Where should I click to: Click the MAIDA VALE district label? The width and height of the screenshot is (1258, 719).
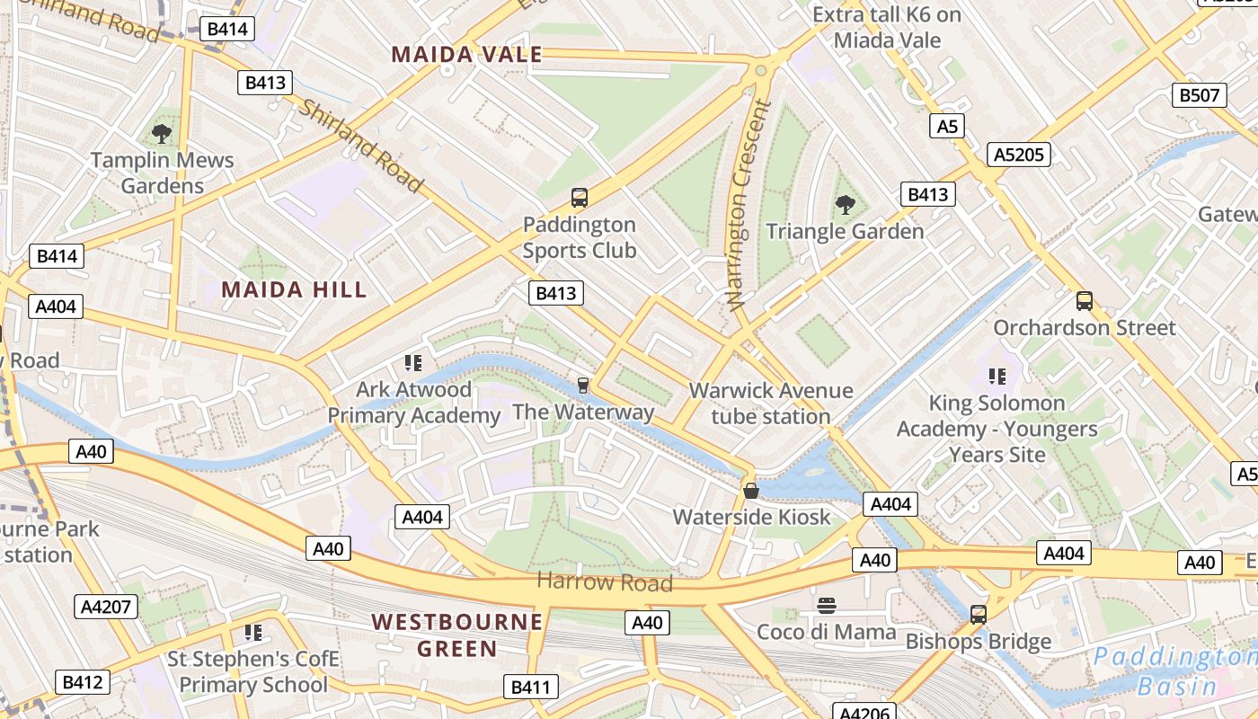click(x=466, y=55)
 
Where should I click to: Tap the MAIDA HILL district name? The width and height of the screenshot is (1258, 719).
click(x=294, y=289)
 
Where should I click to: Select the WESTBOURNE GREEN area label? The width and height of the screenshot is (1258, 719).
click(x=457, y=635)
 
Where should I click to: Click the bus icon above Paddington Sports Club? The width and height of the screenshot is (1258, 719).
click(x=580, y=198)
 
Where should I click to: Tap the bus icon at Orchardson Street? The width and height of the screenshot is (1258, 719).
click(x=1085, y=301)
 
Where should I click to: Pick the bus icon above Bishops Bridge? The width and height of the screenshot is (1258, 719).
click(x=979, y=615)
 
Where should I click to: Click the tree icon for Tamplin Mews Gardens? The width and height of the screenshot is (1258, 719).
click(x=162, y=135)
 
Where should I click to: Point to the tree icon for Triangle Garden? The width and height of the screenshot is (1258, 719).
click(x=845, y=205)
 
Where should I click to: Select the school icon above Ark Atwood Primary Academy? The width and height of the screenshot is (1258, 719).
click(x=413, y=363)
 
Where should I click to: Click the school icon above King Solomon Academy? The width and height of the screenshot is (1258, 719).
click(x=997, y=377)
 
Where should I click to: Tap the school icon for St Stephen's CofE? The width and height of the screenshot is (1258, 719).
click(x=253, y=633)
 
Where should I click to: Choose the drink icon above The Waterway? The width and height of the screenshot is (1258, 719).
click(x=583, y=386)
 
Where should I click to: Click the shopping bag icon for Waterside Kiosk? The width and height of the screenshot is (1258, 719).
click(x=751, y=491)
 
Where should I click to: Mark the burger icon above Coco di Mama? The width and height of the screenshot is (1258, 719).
click(x=827, y=606)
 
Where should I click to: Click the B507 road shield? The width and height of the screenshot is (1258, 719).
click(x=1200, y=94)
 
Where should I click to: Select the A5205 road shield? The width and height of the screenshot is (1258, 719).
click(x=1019, y=155)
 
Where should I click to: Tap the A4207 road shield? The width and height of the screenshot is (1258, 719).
click(x=106, y=607)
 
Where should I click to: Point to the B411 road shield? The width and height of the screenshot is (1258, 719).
click(x=530, y=688)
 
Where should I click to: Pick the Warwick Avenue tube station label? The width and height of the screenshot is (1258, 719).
click(x=771, y=404)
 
